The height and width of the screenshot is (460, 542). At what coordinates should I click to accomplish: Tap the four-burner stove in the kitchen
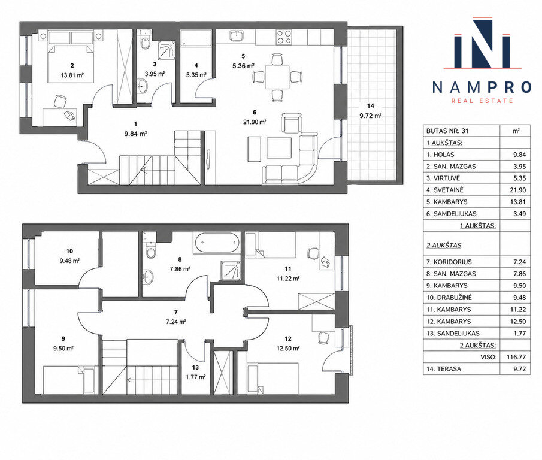click(283, 37)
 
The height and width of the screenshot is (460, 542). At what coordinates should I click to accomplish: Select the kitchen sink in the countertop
click(237, 35)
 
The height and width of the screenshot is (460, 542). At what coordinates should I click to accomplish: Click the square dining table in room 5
click(277, 77)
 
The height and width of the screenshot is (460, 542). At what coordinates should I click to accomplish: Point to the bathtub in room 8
click(217, 243)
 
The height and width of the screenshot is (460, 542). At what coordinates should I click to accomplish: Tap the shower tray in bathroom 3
click(166, 50)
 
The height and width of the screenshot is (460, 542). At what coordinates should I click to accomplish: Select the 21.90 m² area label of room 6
click(255, 122)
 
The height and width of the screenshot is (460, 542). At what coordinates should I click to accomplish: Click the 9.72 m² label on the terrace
click(370, 116)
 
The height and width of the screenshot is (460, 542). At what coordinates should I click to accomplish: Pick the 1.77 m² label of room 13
click(196, 377)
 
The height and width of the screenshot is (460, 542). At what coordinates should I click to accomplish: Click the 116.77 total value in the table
click(516, 357)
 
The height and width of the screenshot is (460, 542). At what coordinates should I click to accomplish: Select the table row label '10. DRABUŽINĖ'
click(449, 298)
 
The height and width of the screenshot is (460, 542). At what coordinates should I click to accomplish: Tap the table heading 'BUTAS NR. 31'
click(447, 131)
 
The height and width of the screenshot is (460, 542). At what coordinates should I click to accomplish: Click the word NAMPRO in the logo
click(482, 87)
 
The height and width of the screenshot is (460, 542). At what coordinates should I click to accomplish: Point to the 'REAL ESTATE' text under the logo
click(482, 101)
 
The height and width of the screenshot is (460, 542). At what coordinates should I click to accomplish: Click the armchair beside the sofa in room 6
click(292, 123)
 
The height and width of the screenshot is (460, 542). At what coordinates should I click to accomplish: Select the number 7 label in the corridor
click(176, 313)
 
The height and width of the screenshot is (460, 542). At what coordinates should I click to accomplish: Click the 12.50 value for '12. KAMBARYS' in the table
click(518, 322)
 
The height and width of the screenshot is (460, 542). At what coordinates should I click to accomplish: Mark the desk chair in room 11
click(313, 254)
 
